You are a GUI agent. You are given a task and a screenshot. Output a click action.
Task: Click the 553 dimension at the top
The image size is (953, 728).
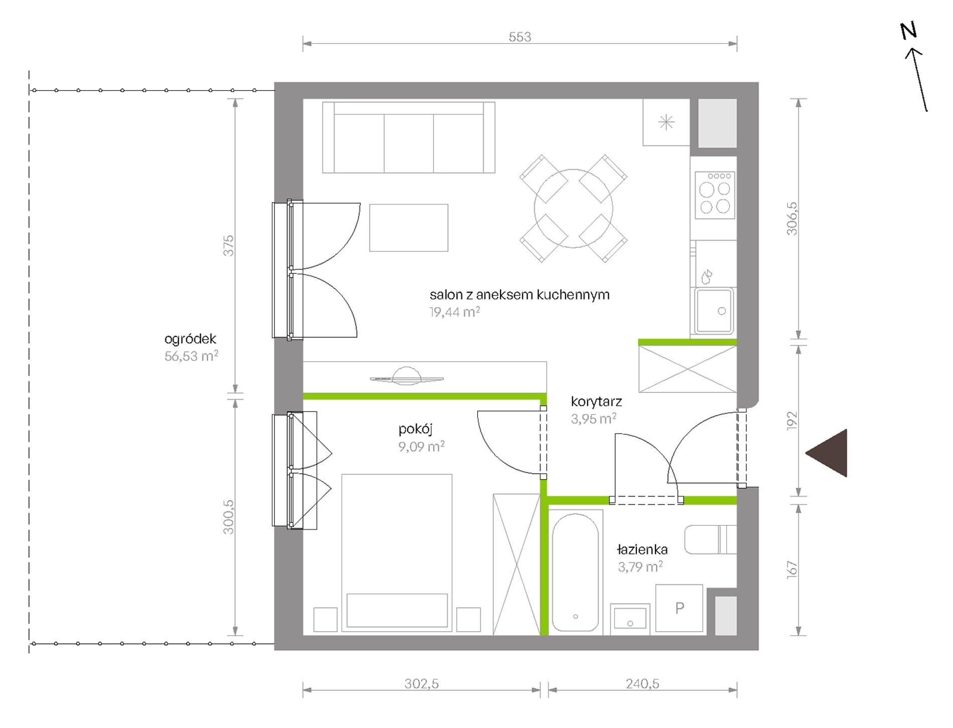[x=520, y=37]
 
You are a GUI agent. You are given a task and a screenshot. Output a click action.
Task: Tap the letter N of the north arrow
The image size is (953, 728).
[x=908, y=31]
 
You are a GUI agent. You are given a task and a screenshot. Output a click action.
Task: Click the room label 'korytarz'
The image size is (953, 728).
[x=596, y=401]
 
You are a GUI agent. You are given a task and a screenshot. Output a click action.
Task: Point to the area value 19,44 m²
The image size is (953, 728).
[x=454, y=312]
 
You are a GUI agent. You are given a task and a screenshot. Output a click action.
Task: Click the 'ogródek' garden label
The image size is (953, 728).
[x=190, y=339]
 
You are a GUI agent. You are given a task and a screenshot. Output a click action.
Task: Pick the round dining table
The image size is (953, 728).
[x=573, y=208]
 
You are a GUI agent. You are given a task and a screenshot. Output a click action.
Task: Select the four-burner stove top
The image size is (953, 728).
[x=715, y=195]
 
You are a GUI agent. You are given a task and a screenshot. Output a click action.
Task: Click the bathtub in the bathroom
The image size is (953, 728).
[x=575, y=572]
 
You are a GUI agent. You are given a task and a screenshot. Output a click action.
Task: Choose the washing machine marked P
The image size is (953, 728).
[x=679, y=608]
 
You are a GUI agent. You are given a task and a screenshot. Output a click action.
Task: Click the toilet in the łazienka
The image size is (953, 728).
[x=710, y=539]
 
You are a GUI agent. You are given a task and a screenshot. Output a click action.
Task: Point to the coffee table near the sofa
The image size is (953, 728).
[x=409, y=228]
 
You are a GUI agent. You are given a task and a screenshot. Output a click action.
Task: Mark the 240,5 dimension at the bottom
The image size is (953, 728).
[x=643, y=683]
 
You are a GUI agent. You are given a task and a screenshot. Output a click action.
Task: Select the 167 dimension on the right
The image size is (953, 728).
[x=792, y=569]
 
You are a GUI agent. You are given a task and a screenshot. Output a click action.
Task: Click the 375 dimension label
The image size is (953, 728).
[x=228, y=246]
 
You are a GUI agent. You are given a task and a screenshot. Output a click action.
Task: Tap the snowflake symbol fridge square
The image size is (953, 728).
[x=667, y=122]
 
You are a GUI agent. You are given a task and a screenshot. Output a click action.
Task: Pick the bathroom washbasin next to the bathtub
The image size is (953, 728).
[x=630, y=619]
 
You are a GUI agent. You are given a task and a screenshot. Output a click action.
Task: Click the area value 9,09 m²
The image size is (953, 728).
[x=421, y=446]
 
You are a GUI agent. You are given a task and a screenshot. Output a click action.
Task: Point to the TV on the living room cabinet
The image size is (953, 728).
[x=407, y=377]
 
